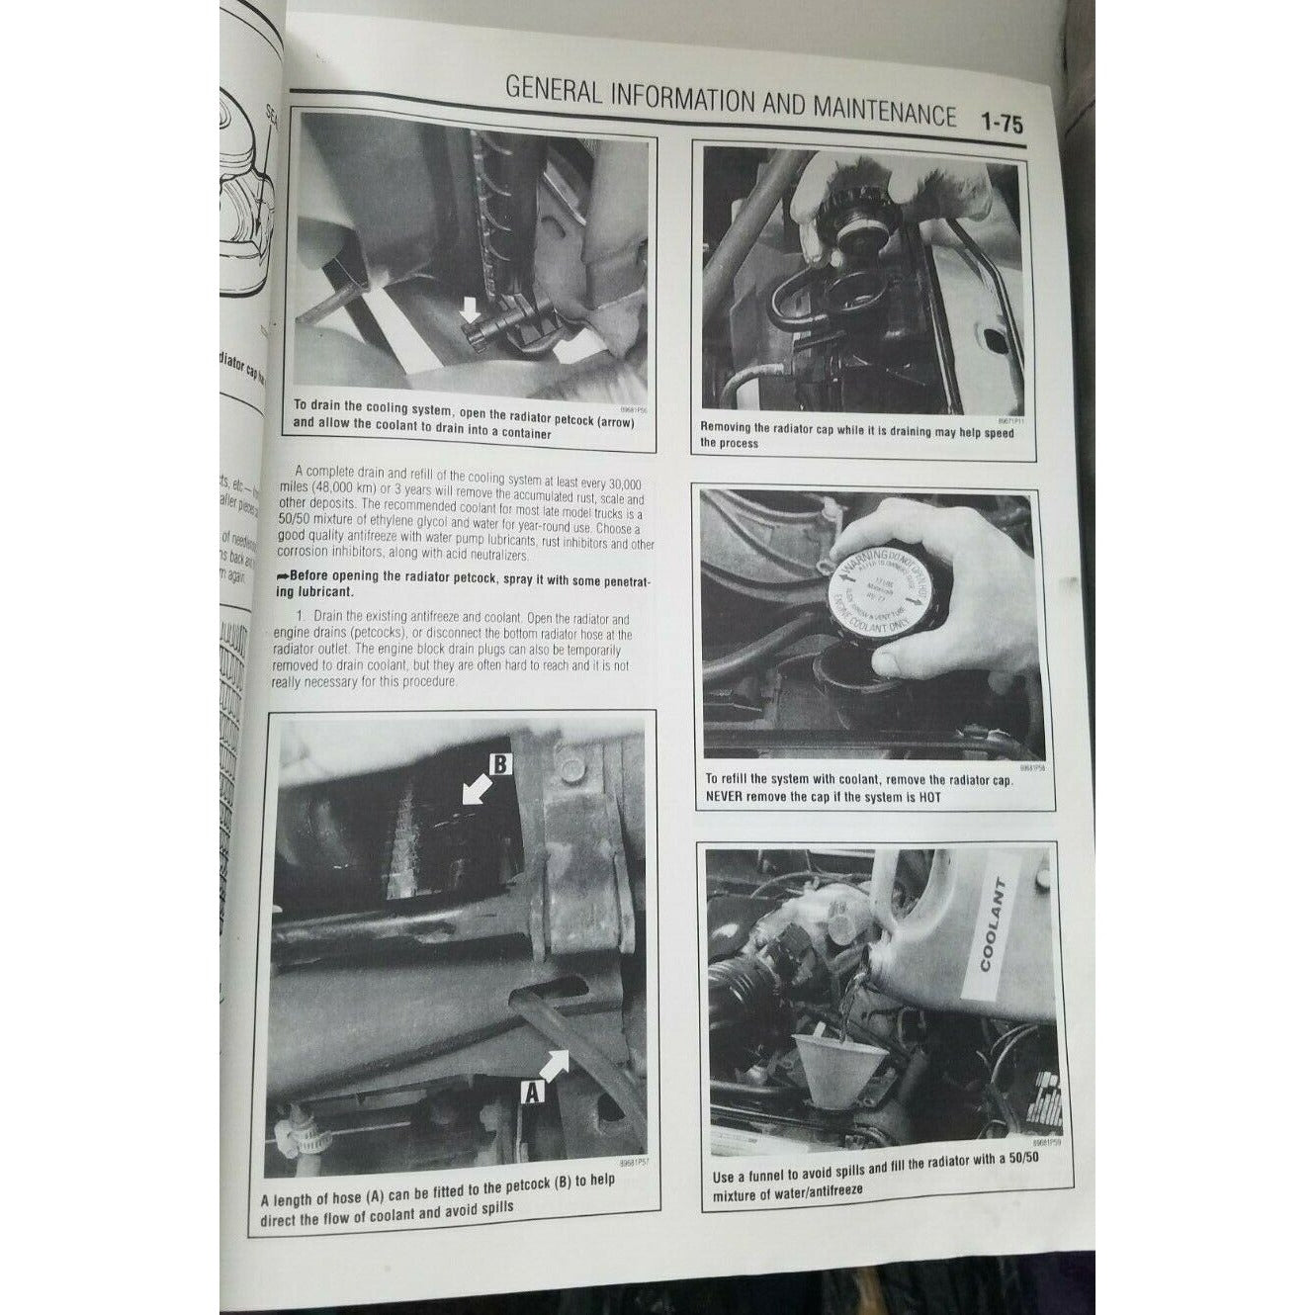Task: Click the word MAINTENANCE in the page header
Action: point(883,112)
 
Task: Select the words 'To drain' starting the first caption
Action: point(318,405)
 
